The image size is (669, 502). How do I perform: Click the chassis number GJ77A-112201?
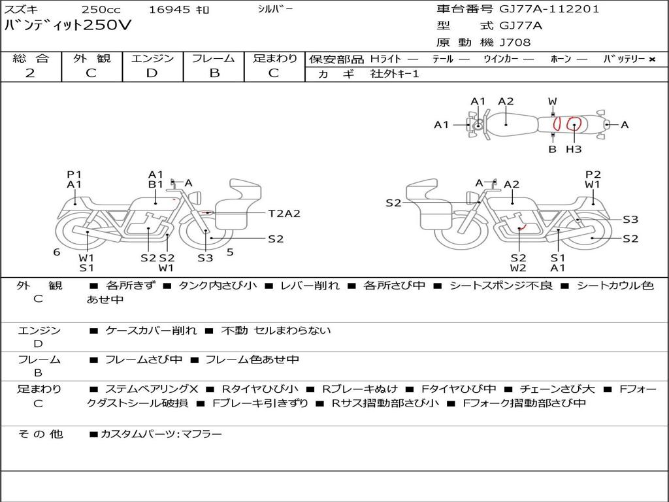pos(549,9)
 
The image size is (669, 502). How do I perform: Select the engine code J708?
pos(515,42)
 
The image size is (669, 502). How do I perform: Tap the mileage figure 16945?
pos(170,9)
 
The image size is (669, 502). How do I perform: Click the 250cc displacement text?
pos(100,9)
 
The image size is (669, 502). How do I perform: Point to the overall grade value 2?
pos(30,73)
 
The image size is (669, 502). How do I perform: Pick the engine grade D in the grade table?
pos(152,73)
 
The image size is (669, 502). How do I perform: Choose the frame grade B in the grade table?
pos(214,73)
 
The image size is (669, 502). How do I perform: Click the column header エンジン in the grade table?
pos(152,58)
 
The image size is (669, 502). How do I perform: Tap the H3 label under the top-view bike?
pos(574,150)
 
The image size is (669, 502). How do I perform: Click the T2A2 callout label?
pos(284,214)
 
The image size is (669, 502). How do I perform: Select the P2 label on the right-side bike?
pos(593,174)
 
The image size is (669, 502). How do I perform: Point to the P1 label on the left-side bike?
pos(74,175)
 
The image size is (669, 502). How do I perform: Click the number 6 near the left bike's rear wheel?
pos(57,252)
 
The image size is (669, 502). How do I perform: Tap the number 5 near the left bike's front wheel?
pos(230,252)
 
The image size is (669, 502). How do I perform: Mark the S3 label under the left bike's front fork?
pos(205,258)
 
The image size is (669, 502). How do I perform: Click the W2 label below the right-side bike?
pos(518,268)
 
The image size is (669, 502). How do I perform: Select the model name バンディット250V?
pos(68,25)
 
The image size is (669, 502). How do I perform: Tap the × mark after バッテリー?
pos(651,59)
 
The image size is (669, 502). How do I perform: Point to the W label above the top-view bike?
pos(553,101)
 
